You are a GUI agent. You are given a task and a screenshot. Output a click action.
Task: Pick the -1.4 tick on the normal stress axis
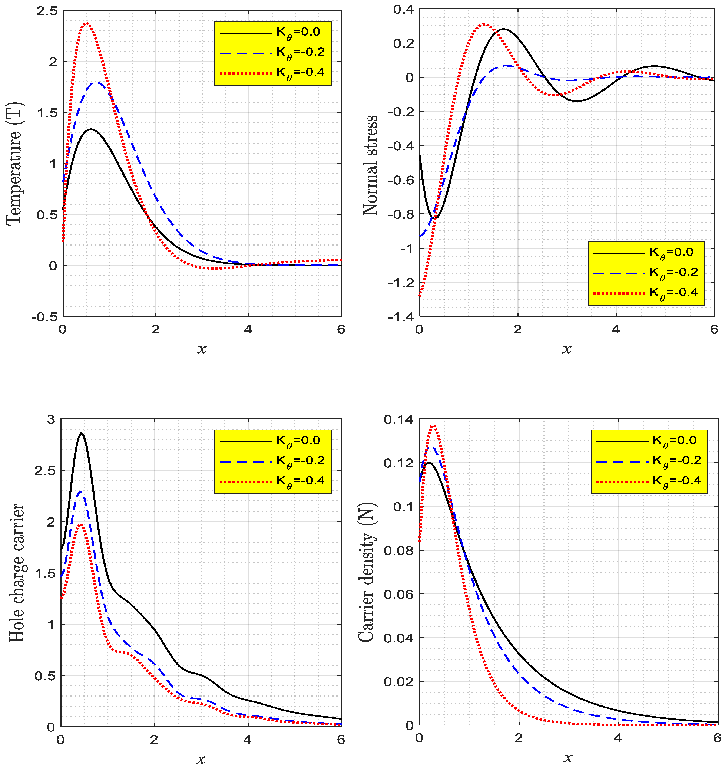[400, 317]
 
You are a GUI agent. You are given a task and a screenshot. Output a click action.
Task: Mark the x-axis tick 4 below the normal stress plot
[616, 329]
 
